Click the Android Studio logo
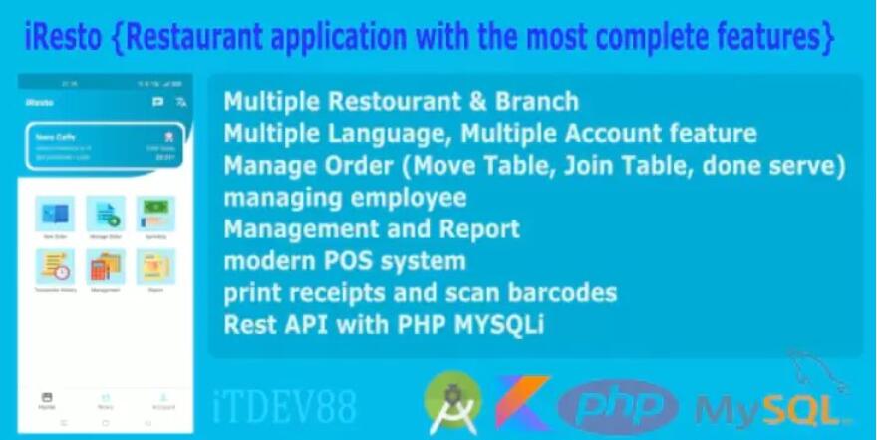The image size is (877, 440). point(452,402)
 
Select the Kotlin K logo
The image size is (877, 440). point(523,403)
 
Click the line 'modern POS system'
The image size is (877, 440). point(345,262)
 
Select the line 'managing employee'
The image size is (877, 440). point(345,198)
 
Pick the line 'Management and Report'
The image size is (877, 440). point(371,229)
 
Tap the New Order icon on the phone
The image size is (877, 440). point(54,214)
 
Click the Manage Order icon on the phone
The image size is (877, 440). point(105,214)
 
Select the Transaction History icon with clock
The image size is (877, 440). point(54,266)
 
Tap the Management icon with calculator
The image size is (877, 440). point(105,266)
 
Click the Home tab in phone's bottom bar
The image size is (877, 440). point(46,400)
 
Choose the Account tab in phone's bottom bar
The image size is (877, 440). point(163,400)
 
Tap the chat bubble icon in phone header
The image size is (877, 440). point(157,102)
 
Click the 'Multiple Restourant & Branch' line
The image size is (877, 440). point(401,102)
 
